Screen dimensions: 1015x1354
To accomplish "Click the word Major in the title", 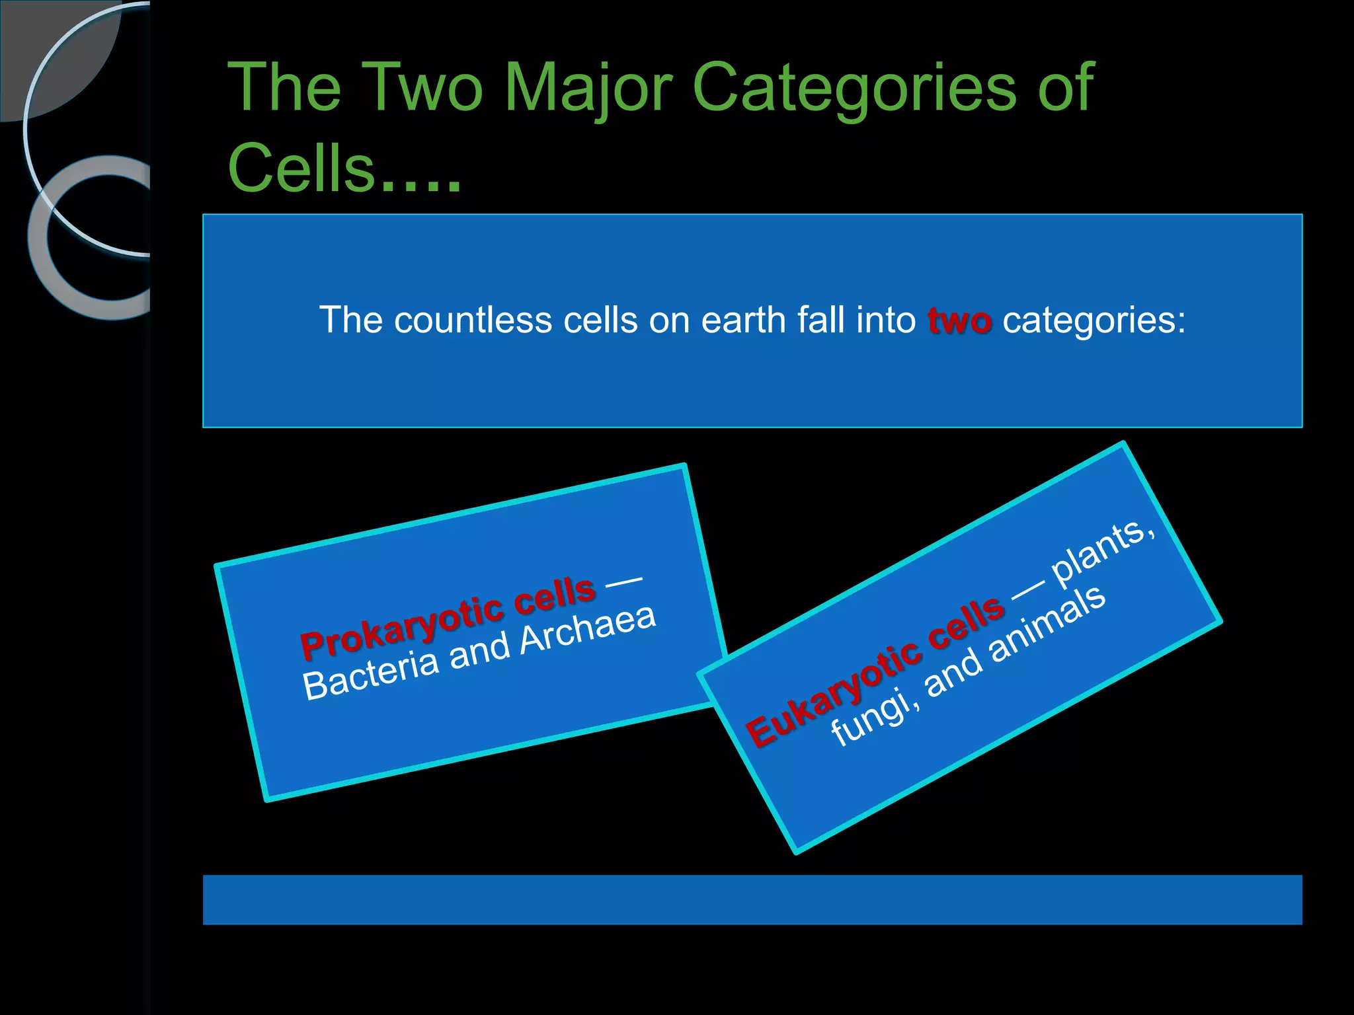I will [588, 89].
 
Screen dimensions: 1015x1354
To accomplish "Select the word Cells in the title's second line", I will [301, 169].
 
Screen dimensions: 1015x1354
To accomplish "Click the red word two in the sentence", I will [959, 321].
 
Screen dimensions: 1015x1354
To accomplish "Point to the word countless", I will [472, 321].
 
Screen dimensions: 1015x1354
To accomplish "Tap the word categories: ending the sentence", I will [1094, 321].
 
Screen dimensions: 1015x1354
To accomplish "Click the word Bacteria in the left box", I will [371, 678].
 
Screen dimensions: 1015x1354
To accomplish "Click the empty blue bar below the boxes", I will [752, 899].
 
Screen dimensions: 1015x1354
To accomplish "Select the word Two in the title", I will [423, 89].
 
